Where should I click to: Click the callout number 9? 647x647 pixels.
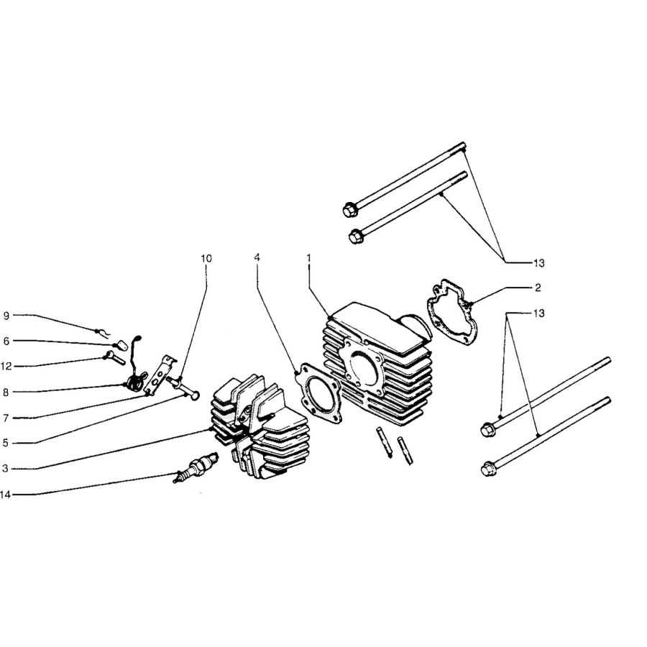click(x=6, y=316)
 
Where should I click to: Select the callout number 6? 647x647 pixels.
click(x=6, y=341)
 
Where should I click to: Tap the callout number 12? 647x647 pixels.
click(x=6, y=367)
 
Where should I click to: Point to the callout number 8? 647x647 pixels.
click(x=6, y=393)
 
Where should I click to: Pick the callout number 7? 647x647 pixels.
click(x=6, y=418)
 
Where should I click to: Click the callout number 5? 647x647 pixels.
click(x=5, y=444)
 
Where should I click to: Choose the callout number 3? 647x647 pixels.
click(x=5, y=469)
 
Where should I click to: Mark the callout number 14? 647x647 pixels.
click(x=5, y=495)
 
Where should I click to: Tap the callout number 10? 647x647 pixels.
click(x=206, y=259)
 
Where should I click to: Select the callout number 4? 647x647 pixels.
click(x=257, y=257)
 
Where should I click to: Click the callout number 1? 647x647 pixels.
click(x=308, y=258)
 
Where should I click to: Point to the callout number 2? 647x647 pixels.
click(x=538, y=288)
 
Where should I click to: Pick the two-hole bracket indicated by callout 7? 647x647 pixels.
click(x=160, y=374)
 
